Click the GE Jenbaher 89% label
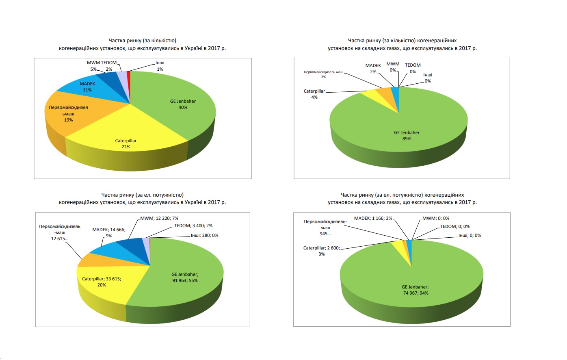(407, 136)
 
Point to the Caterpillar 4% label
(314, 94)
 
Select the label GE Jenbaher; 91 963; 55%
(185, 278)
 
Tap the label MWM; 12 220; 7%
(159, 219)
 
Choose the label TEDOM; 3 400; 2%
(193, 226)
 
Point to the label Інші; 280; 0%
(204, 236)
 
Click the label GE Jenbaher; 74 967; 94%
(415, 290)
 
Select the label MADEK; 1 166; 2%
(373, 219)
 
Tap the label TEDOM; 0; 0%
(454, 227)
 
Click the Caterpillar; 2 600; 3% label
(321, 251)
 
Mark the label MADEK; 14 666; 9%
(108, 232)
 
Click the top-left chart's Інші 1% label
(160, 66)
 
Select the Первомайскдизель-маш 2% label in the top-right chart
(324, 74)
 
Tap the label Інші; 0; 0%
(470, 236)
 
